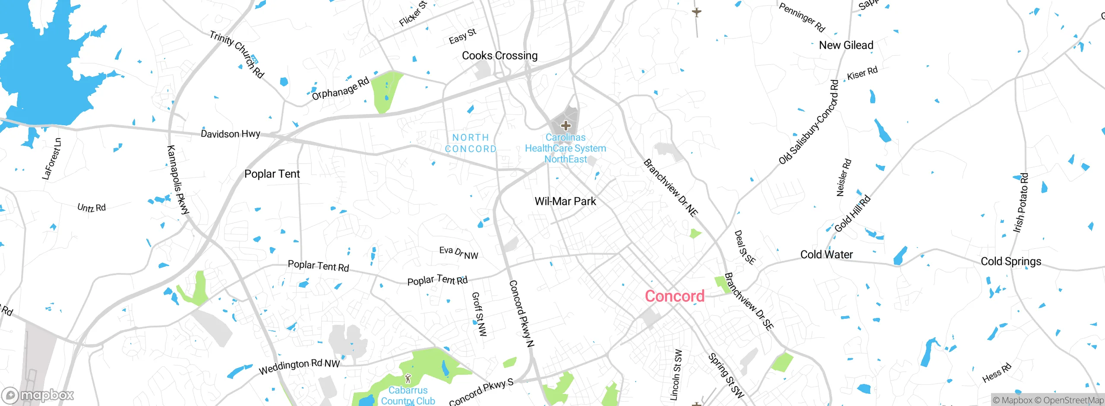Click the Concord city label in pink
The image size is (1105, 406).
(674, 296)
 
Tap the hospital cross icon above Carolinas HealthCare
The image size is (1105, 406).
(565, 126)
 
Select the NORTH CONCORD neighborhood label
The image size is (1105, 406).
(470, 143)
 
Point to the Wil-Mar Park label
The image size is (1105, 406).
(565, 201)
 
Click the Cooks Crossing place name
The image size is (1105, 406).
(499, 56)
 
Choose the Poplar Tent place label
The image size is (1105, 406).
(272, 174)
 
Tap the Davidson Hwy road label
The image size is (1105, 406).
(230, 134)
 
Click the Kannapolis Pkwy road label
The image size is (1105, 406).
(178, 180)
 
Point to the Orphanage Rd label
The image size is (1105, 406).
(341, 89)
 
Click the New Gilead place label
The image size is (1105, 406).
(846, 45)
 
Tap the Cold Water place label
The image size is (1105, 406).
(826, 255)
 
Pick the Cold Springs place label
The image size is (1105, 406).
(1011, 261)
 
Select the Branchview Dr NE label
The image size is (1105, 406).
(670, 188)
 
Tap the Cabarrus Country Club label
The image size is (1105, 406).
(408, 396)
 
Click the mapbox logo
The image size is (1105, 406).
(38, 395)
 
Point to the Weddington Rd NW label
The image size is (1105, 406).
(299, 367)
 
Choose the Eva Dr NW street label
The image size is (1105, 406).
(458, 253)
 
